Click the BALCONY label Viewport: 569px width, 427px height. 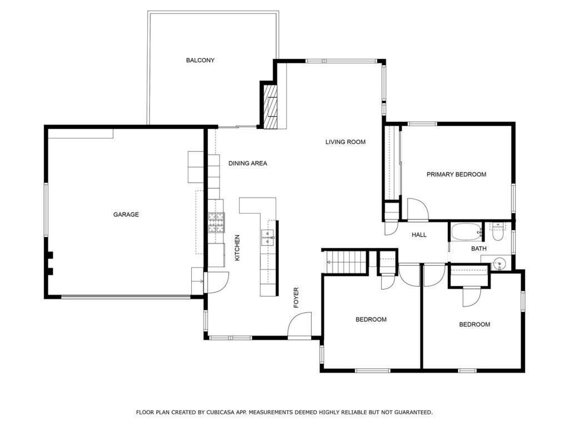pyautogui.click(x=200, y=60)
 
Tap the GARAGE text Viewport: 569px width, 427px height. pyautogui.click(x=126, y=215)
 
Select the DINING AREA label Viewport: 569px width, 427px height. pyautogui.click(x=248, y=163)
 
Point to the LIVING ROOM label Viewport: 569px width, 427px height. pyautogui.click(x=346, y=142)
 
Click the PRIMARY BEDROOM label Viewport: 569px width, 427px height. pyautogui.click(x=456, y=174)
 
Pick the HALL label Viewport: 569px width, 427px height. pyautogui.click(x=419, y=235)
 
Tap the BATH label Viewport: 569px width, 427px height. pyautogui.click(x=479, y=249)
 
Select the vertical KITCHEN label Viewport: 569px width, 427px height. pyautogui.click(x=237, y=248)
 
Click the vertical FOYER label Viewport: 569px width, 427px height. pyautogui.click(x=296, y=297)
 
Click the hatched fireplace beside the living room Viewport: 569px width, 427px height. pyautogui.click(x=270, y=106)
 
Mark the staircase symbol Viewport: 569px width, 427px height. pyautogui.click(x=346, y=262)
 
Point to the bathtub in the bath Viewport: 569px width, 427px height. pyautogui.click(x=466, y=231)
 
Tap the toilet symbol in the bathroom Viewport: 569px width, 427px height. pyautogui.click(x=497, y=231)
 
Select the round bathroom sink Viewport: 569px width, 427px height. pyautogui.click(x=497, y=264)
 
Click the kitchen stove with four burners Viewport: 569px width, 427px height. pyautogui.click(x=216, y=222)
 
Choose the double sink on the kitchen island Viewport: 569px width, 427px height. pyautogui.click(x=267, y=237)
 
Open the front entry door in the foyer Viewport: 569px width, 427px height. pyautogui.click(x=300, y=325)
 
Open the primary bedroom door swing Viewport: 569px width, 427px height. pyautogui.click(x=417, y=210)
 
